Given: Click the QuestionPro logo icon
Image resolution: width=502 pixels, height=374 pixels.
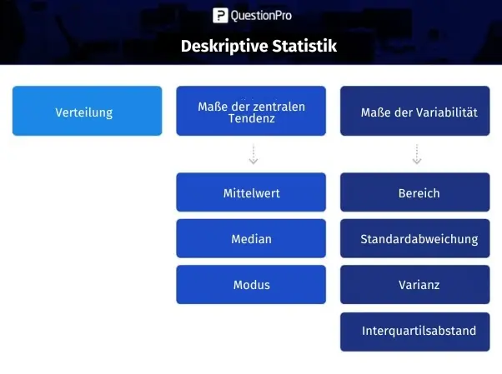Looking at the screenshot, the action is point(220,15).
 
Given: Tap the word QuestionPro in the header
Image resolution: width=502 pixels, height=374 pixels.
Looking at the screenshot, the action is point(261,15).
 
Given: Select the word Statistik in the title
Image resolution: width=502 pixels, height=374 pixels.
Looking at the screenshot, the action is point(304,46).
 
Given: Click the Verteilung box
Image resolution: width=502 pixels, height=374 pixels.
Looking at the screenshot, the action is point(87,111).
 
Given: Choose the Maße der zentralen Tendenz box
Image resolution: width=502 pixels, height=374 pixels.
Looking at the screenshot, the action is point(251,111).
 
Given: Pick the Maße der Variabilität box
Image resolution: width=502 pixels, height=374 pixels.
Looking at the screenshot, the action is point(415,111).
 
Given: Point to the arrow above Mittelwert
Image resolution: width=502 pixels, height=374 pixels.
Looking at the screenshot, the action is point(254,154).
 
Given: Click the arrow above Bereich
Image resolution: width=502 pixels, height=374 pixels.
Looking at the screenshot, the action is point(416,154).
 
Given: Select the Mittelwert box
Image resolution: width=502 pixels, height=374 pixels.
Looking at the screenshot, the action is point(251,192).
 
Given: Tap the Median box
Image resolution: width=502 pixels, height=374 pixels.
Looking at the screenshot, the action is point(251,238).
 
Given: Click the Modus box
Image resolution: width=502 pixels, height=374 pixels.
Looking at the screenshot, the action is point(251,284).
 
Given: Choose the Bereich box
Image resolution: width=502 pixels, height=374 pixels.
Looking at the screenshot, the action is point(415,192).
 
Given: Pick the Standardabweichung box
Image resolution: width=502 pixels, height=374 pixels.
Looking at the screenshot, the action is point(415,238).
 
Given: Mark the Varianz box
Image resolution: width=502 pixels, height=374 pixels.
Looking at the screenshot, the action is point(415,284).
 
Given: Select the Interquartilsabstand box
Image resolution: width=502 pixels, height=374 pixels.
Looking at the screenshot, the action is point(415,332).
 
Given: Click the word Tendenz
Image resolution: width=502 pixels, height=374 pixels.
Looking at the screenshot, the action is point(252,118).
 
